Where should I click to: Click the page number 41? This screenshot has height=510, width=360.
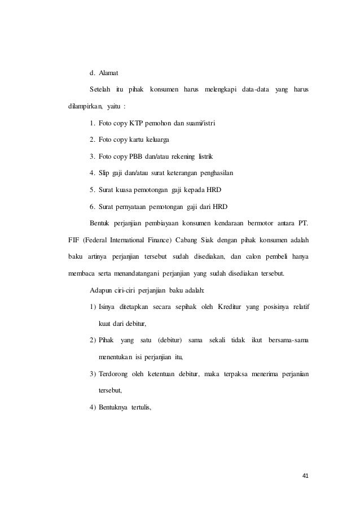(x=305, y=475)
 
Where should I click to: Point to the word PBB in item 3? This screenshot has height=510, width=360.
(x=136, y=155)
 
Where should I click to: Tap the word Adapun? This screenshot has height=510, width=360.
(x=102, y=290)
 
